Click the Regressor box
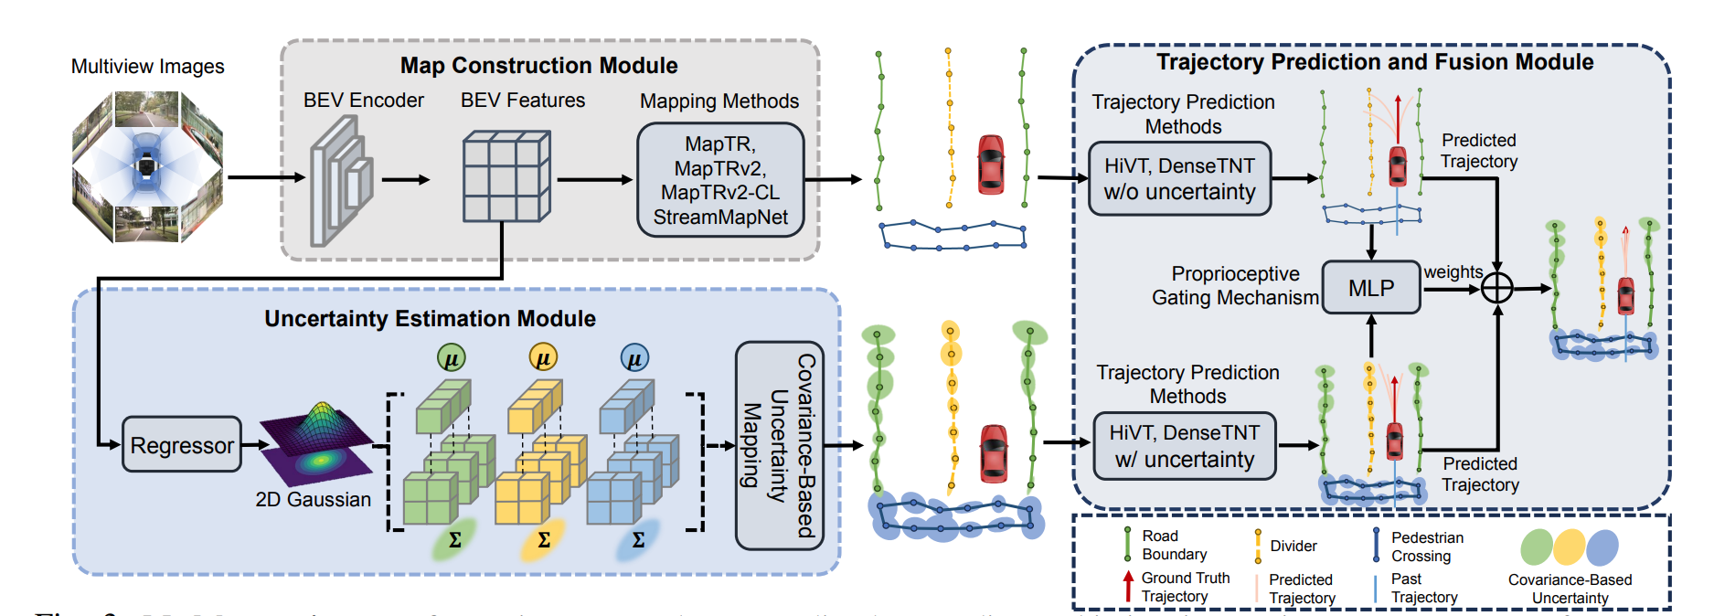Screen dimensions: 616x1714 [182, 445]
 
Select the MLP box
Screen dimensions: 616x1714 [1371, 288]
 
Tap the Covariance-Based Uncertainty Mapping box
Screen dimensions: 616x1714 [779, 445]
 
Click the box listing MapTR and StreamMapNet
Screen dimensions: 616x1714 [720, 180]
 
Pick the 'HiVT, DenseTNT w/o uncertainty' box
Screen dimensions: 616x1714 [1179, 178]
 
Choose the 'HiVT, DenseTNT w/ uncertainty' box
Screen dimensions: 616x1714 [1185, 446]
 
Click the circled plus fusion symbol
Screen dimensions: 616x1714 [1496, 288]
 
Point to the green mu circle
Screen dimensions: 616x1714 [451, 357]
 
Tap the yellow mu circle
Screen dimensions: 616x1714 [543, 357]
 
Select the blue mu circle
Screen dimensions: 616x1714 [634, 357]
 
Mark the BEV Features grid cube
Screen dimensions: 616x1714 [506, 177]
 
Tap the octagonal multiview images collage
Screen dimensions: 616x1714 [147, 166]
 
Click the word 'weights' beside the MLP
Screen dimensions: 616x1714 [1453, 271]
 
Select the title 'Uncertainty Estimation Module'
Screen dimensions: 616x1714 [430, 318]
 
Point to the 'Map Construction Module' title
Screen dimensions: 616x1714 [538, 66]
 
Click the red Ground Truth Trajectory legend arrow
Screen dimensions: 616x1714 [1128, 586]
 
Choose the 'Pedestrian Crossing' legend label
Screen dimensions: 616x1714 [1426, 547]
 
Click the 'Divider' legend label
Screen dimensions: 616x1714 [1293, 546]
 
